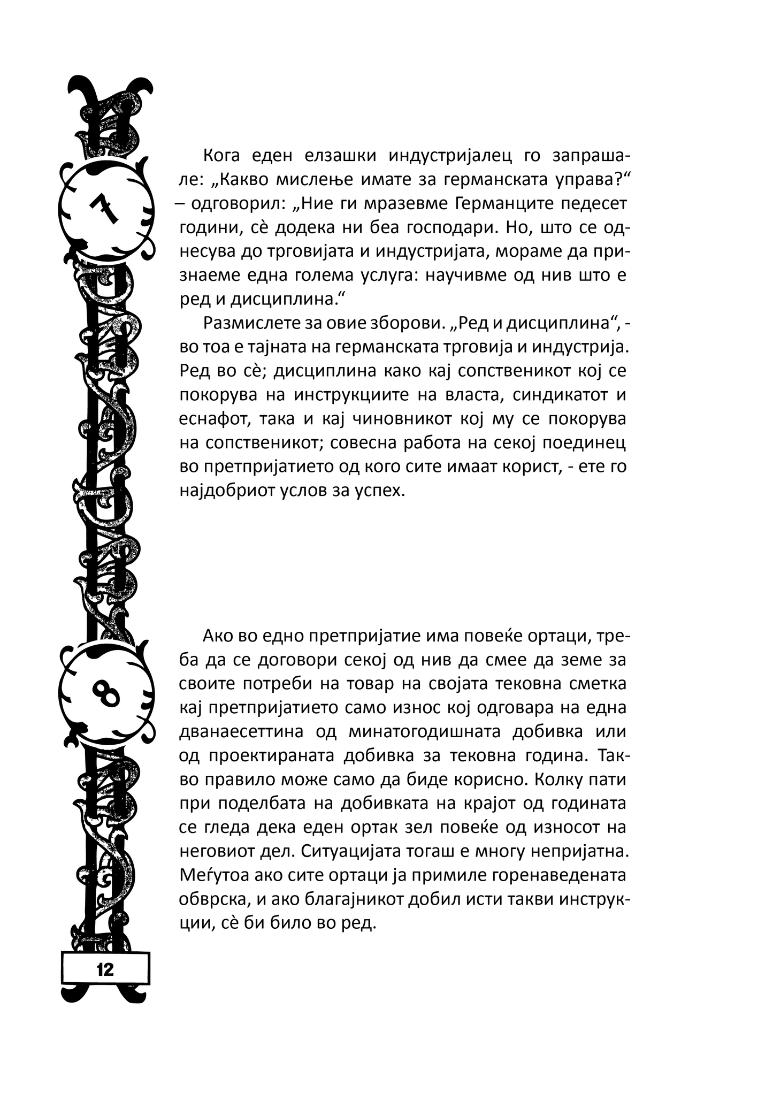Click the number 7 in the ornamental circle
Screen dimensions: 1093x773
(x=103, y=208)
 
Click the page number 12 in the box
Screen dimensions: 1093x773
(x=105, y=969)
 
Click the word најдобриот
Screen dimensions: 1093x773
(x=227, y=491)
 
